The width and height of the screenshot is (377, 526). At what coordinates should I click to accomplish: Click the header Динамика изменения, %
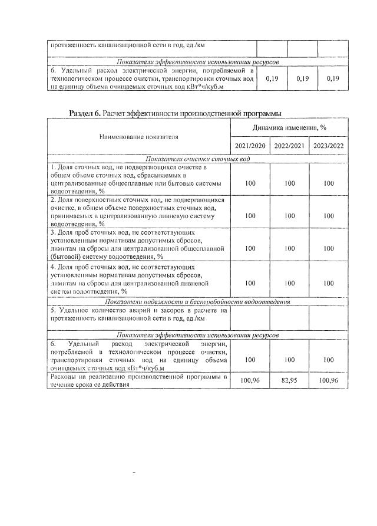[x=289, y=127]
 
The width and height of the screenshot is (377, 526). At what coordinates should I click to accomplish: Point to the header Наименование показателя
[x=138, y=137]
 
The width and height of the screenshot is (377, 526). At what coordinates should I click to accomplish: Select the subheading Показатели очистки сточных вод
[x=197, y=159]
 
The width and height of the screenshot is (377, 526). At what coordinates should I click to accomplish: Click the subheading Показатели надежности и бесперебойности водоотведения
[x=197, y=301]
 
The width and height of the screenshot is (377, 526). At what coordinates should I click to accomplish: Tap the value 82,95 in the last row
[x=289, y=380]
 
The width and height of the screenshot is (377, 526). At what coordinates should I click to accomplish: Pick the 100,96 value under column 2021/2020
[x=250, y=380]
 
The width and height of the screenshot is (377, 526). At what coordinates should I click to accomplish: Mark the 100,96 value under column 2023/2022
[x=328, y=380]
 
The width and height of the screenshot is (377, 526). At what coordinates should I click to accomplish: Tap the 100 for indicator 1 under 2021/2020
[x=250, y=184]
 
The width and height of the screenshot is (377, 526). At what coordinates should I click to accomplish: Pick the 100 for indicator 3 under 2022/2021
[x=289, y=249]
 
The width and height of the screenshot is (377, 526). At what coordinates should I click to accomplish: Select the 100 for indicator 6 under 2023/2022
[x=328, y=359]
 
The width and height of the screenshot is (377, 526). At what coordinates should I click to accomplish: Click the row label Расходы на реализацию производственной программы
[x=138, y=380]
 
